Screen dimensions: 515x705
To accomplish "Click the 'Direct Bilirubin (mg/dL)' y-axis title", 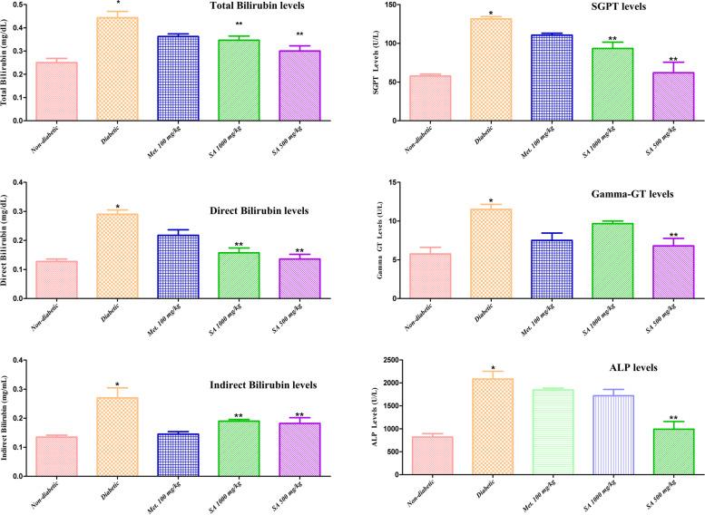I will [x=10, y=240].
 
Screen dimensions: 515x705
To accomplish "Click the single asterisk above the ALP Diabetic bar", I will [x=491, y=365].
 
